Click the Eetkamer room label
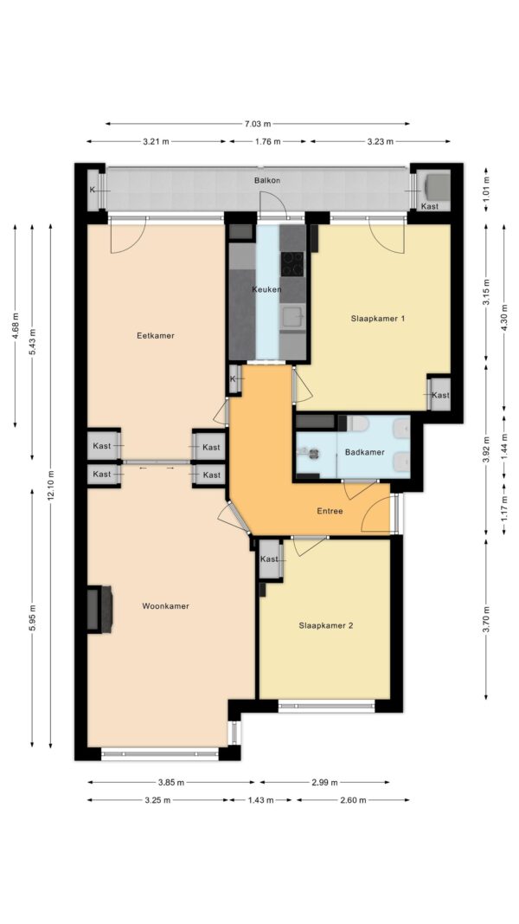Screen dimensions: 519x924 coord(156,336)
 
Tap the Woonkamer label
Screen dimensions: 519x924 coord(165,606)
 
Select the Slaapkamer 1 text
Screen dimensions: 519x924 coord(378,319)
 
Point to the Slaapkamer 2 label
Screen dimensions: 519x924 coord(325,626)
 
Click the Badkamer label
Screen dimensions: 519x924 coord(365,453)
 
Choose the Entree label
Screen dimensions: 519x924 coord(330,511)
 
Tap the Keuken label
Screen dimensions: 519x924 coord(266,289)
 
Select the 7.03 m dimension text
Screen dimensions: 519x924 coord(258,124)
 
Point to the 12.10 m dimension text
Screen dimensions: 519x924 coord(51,486)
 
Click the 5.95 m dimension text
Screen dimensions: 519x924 coord(33,618)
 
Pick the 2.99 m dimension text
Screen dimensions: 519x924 coord(324,783)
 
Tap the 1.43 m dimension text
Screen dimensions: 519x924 coord(260,800)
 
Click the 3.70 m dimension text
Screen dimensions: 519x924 coord(486,619)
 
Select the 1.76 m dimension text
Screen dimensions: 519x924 coord(268,141)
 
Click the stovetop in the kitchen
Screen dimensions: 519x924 coord(292,264)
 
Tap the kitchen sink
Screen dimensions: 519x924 coord(292,318)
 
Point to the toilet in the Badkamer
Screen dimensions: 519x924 coord(357,423)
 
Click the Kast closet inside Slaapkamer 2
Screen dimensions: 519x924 coord(270,559)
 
